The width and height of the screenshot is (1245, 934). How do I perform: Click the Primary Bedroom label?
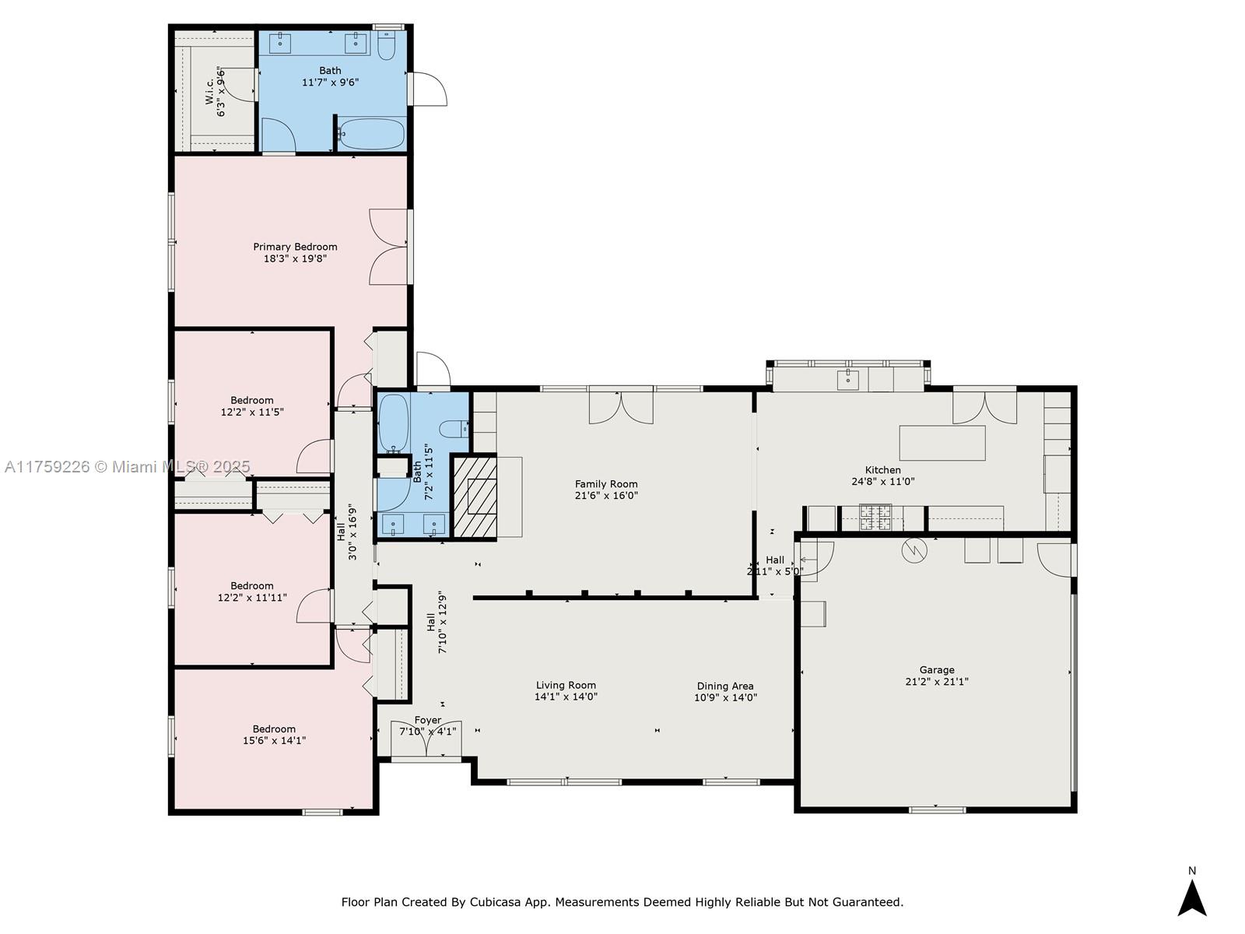[x=295, y=247]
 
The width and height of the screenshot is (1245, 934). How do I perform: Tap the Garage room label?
[x=936, y=669]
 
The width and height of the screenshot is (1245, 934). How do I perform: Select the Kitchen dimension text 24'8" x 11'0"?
[x=882, y=482]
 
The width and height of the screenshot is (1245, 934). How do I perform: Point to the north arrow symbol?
[x=1191, y=897]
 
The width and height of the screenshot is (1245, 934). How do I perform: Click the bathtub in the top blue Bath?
[x=371, y=134]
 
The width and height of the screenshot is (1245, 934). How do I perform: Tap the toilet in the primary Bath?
[x=386, y=45]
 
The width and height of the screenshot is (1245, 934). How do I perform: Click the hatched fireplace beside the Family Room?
[x=474, y=496]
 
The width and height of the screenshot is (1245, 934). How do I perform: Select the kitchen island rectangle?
[x=942, y=443]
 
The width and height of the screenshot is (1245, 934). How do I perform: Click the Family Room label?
[x=605, y=483]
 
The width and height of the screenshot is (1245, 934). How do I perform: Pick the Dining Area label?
[x=725, y=686]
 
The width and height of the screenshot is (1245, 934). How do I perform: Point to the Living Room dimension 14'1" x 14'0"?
[x=566, y=697]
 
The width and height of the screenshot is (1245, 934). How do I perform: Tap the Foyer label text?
[x=428, y=720]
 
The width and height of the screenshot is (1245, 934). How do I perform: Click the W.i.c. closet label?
[x=209, y=91]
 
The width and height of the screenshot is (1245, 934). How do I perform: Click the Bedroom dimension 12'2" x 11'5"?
[x=252, y=412]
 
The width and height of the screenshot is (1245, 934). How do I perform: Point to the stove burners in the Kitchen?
[x=875, y=517]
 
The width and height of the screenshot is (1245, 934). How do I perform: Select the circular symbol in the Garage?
[x=914, y=550]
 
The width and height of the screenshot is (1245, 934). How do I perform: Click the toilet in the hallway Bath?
[x=454, y=430]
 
